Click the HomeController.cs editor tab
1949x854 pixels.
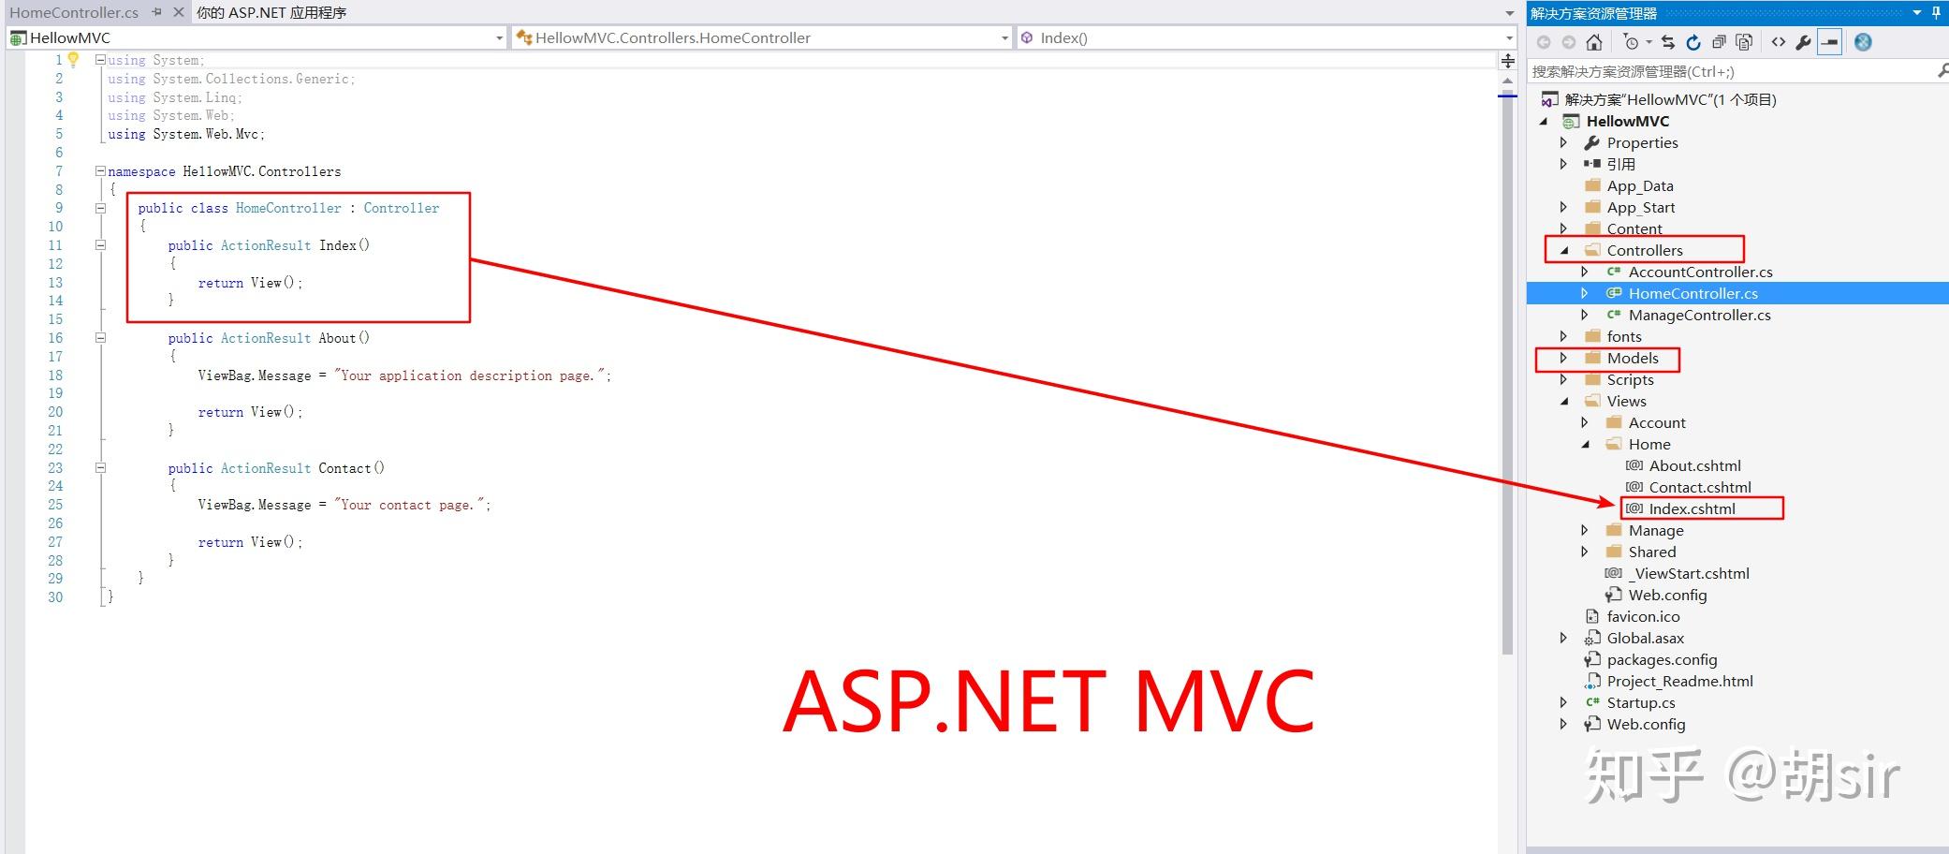73,12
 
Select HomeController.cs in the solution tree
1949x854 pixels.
1693,293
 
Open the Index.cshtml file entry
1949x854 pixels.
1692,508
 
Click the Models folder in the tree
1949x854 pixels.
1632,358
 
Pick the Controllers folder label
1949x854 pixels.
1644,250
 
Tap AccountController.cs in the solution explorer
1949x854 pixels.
1700,272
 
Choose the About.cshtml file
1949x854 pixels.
1694,465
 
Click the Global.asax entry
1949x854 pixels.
1645,638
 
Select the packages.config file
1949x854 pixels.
1662,659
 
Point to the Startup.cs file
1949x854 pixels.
1640,702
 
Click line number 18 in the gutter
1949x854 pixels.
55,375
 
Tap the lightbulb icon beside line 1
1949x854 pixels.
73,60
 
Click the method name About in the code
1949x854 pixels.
336,338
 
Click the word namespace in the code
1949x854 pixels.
141,171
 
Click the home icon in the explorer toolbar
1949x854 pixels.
1594,42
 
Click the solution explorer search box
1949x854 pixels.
1732,71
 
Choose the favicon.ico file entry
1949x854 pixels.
1643,616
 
